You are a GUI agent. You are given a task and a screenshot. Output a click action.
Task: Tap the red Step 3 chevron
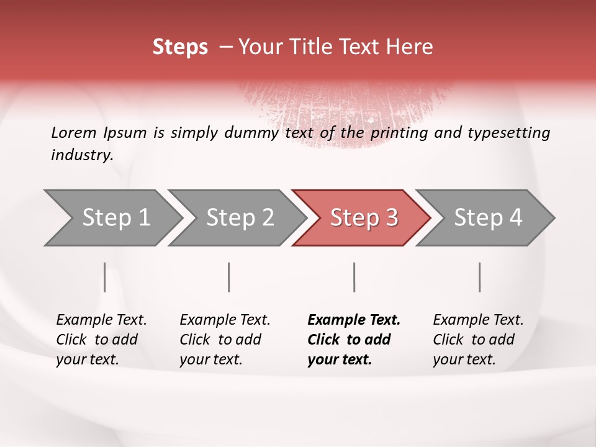tap(361, 218)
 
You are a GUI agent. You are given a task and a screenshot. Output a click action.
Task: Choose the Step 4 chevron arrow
tap(485, 218)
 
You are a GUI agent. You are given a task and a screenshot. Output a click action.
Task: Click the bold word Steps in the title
tap(180, 47)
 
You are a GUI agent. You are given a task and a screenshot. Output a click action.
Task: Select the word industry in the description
tap(81, 155)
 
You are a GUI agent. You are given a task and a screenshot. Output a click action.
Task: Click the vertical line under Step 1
tap(105, 277)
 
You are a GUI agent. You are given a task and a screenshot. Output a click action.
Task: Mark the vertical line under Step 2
tap(229, 277)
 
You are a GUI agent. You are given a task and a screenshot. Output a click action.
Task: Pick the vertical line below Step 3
tap(354, 277)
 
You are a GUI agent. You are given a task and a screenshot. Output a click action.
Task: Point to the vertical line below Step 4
tap(479, 277)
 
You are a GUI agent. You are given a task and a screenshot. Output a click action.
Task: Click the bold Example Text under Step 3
tap(354, 320)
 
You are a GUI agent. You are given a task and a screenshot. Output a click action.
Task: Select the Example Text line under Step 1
tap(101, 320)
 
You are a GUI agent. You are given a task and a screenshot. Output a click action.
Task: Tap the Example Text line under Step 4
tap(478, 320)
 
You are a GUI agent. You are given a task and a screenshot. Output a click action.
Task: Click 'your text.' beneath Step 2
tap(210, 359)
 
